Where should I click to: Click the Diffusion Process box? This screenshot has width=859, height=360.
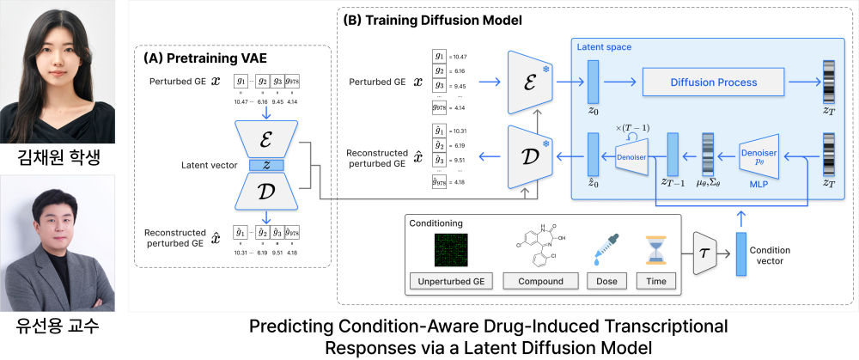click(x=713, y=82)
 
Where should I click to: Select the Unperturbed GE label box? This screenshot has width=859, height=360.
click(x=447, y=281)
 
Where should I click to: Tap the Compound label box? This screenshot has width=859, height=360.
click(x=534, y=281)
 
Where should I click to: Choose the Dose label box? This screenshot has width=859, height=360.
click(x=600, y=281)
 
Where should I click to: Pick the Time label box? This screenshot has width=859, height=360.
click(x=655, y=281)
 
